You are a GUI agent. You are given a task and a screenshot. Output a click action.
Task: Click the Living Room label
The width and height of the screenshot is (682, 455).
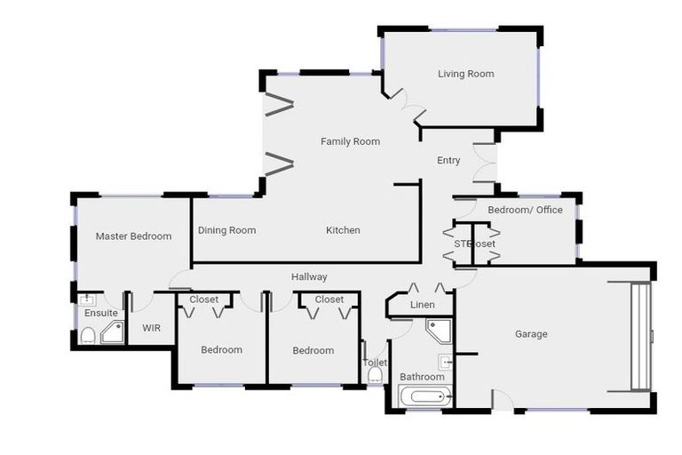pyautogui.click(x=465, y=74)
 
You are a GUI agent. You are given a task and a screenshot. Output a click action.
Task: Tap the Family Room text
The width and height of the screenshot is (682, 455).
pyautogui.click(x=350, y=141)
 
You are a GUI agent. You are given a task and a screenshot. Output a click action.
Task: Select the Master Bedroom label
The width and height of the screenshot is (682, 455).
pyautogui.click(x=133, y=236)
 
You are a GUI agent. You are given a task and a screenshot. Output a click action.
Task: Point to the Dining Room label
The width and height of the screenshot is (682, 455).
pyautogui.click(x=226, y=230)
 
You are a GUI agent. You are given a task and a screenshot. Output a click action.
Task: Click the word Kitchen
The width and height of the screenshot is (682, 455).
pyautogui.click(x=343, y=230)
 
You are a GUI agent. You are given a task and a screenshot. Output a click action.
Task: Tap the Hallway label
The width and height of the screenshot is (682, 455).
pyautogui.click(x=309, y=277)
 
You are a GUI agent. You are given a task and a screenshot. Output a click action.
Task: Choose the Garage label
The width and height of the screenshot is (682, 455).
pyautogui.click(x=531, y=334)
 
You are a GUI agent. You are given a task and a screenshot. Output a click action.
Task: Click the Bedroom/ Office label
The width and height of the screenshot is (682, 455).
pyautogui.click(x=525, y=210)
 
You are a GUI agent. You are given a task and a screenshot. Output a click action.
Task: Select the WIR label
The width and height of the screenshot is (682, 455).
pyautogui.click(x=152, y=328)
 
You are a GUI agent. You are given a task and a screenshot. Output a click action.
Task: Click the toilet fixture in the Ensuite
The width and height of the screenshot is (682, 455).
pyautogui.click(x=88, y=335)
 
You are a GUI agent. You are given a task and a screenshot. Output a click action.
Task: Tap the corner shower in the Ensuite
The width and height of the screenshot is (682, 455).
pyautogui.click(x=113, y=333)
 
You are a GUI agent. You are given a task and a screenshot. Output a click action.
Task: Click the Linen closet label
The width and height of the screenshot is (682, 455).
pyautogui.click(x=422, y=306)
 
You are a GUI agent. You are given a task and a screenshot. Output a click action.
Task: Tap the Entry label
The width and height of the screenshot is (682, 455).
pyautogui.click(x=448, y=161)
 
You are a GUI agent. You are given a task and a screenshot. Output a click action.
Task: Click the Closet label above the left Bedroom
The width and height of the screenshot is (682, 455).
pyautogui.click(x=203, y=299)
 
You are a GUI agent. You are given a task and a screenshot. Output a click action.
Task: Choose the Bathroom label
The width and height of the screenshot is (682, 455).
pyautogui.click(x=421, y=377)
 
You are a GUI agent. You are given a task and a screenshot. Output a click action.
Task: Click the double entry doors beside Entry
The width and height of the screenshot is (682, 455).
pyautogui.click(x=485, y=161)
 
